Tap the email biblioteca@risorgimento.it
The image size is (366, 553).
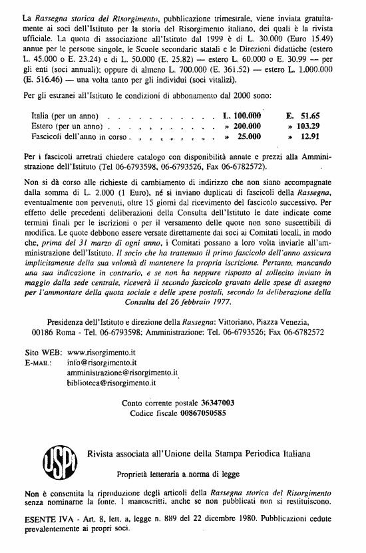pyautogui.click(x=112, y=383)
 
